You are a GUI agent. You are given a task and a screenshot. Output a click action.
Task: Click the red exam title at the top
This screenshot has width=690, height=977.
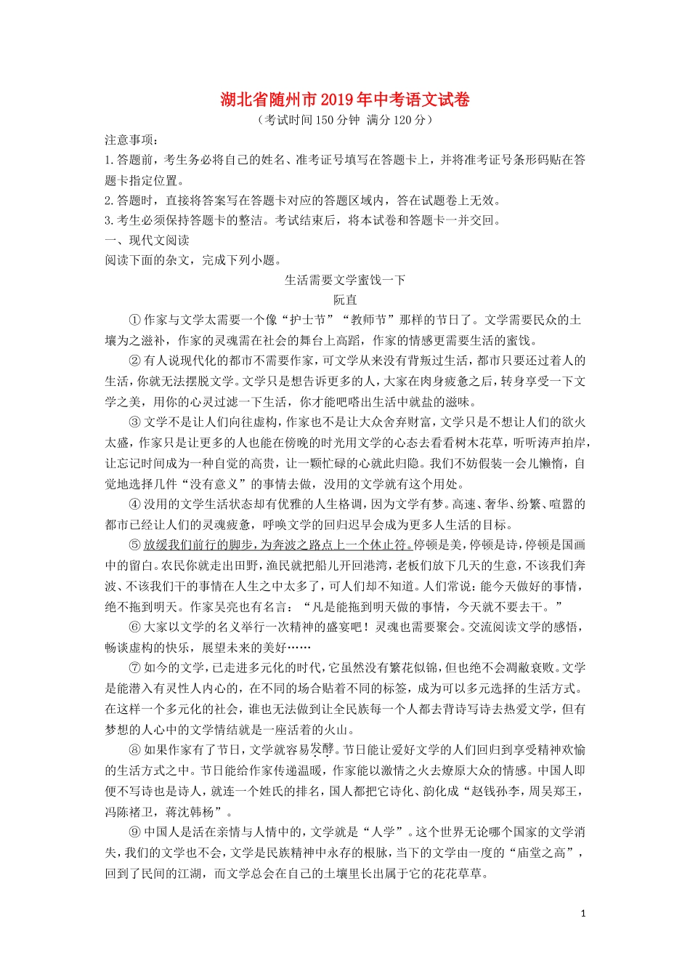345,100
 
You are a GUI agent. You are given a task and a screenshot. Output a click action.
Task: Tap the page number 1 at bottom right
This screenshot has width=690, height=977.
583,914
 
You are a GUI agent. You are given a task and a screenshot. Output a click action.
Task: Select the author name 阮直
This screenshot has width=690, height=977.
345,299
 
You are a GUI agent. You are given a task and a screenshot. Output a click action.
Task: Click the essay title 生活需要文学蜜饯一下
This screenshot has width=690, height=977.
345,280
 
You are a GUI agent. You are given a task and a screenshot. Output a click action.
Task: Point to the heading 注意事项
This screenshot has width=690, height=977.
131,140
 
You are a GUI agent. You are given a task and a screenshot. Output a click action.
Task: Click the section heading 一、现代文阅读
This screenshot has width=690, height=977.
147,241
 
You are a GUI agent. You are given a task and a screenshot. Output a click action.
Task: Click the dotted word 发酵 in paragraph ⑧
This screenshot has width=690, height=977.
322,749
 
